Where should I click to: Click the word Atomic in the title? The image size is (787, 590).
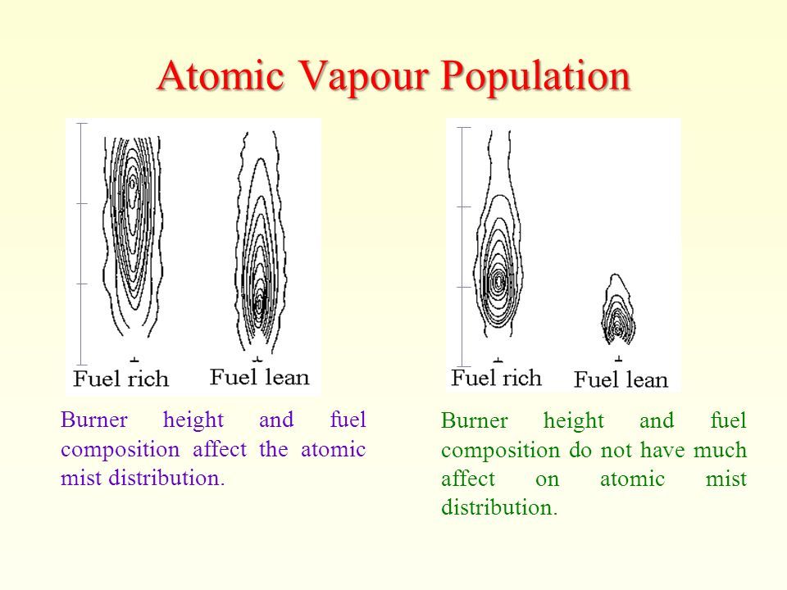(x=221, y=75)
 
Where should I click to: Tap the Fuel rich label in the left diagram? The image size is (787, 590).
(x=121, y=379)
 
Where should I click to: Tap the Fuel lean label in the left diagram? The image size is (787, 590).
(x=259, y=377)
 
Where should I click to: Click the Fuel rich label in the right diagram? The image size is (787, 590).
(x=496, y=378)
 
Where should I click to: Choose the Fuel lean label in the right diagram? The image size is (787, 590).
(x=621, y=379)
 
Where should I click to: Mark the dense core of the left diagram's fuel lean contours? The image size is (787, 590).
(x=259, y=302)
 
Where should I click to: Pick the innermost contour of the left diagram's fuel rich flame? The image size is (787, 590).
(x=132, y=184)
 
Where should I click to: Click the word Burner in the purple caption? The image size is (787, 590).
(x=93, y=420)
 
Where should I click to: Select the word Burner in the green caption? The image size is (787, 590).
(x=475, y=420)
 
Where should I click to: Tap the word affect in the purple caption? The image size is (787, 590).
(x=220, y=448)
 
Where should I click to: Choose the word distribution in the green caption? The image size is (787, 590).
(x=499, y=507)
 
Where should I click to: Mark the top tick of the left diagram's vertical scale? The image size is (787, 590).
(x=81, y=123)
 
